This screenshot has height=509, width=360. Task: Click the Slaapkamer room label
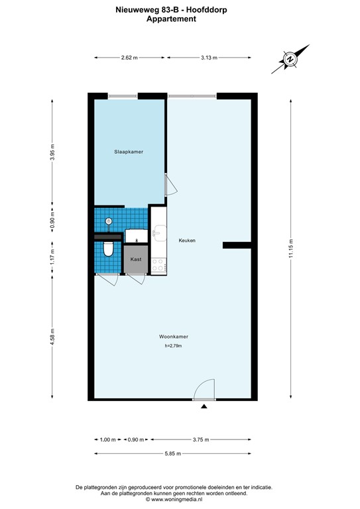pos(129,152)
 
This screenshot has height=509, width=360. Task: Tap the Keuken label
pos(186,241)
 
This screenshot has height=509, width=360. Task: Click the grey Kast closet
pos(135,259)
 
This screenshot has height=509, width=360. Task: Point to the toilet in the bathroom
pos(108,249)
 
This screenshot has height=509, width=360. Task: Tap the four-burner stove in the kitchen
pos(158,265)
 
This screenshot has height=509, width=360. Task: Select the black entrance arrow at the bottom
pos(204,406)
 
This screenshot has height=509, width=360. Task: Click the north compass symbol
pos(290,59)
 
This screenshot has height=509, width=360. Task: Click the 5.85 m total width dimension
pos(173,453)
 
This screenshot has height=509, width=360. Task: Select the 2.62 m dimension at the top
pos(129,58)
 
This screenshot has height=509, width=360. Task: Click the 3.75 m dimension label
pos(201,439)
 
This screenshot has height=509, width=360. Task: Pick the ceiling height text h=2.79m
pos(172,345)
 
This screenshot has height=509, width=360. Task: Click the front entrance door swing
pos(205,389)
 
